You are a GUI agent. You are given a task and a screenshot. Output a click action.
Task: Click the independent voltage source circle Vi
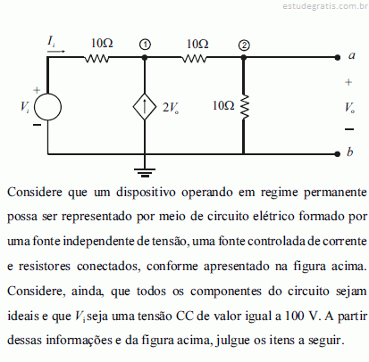[47, 107]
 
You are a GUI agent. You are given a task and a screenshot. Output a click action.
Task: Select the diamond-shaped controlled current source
[145, 107]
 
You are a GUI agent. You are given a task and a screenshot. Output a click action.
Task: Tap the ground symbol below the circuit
[145, 172]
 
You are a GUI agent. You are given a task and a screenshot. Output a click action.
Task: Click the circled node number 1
[145, 45]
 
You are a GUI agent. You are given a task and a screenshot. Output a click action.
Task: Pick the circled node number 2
[244, 45]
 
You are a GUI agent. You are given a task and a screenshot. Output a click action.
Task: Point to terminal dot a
[337, 58]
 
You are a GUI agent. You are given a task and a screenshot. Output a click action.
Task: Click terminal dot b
[337, 154]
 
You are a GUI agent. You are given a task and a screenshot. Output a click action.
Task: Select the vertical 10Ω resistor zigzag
[244, 107]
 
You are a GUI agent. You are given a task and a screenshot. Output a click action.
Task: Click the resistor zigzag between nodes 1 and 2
[194, 59]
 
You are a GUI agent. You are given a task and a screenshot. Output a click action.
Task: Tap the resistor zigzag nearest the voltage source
[96, 59]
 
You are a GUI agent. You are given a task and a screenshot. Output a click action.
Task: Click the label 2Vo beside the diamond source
[171, 108]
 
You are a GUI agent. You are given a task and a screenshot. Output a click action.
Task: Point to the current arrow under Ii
[56, 51]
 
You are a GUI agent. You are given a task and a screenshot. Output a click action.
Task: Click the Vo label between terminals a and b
[349, 108]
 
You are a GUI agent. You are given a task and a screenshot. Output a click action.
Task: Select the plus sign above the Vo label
[348, 82]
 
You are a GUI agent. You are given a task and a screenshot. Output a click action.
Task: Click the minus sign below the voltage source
[37, 125]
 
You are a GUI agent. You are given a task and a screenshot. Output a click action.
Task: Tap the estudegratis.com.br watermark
[325, 6]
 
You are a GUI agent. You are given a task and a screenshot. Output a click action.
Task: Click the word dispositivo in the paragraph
[146, 193]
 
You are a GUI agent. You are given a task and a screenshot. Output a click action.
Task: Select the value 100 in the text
[295, 316]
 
